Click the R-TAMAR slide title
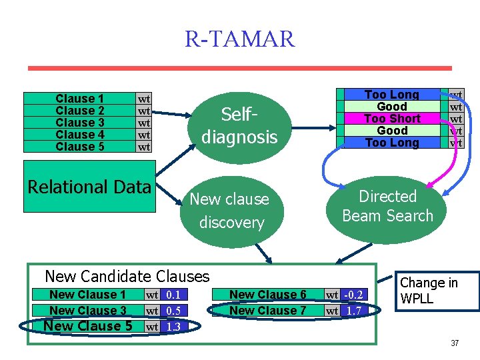pyautogui.click(x=239, y=39)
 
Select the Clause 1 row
pyautogui.click(x=79, y=99)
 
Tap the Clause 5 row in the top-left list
pyautogui.click(x=79, y=147)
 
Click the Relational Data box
pyautogui.click(x=89, y=187)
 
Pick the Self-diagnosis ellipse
pyautogui.click(x=239, y=126)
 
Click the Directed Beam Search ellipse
pyautogui.click(x=387, y=206)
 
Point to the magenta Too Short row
pyautogui.click(x=392, y=119)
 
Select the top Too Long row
pyautogui.click(x=392, y=95)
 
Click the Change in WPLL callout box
pyautogui.click(x=438, y=291)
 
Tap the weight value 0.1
pyautogui.click(x=173, y=295)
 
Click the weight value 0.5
pyautogui.click(x=173, y=311)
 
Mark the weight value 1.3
pyautogui.click(x=173, y=327)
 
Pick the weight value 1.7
pyautogui.click(x=355, y=311)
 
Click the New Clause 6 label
pyautogui.click(x=267, y=295)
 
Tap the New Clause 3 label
pyautogui.click(x=87, y=311)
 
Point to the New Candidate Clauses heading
pyautogui.click(x=127, y=276)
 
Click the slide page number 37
pyautogui.click(x=455, y=343)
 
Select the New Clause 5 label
pyautogui.click(x=87, y=326)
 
